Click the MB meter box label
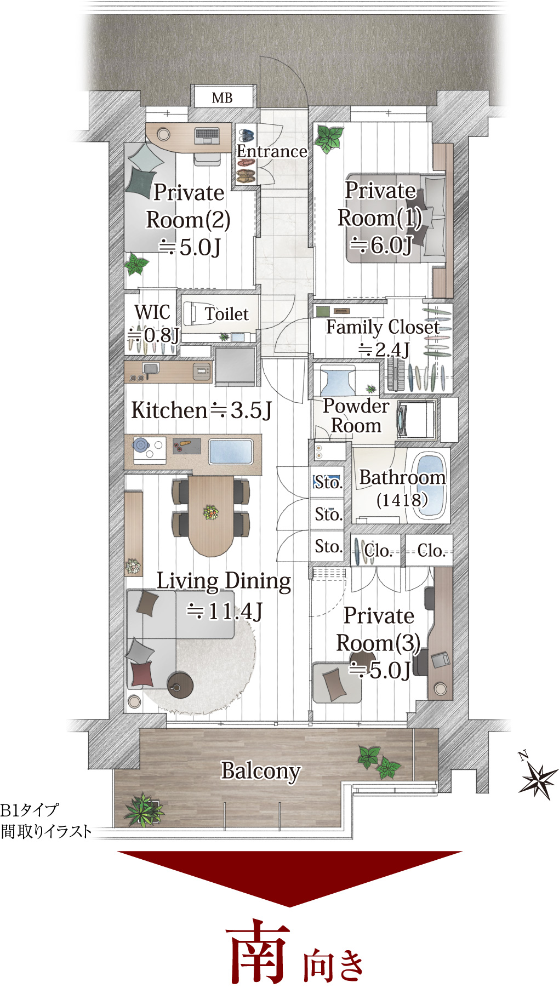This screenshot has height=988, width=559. [222, 98]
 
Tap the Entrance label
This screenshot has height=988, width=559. [272, 151]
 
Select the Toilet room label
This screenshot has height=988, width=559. [226, 314]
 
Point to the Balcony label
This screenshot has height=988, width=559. [261, 772]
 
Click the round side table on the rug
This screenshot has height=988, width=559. [180, 684]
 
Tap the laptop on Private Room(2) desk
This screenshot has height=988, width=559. [207, 135]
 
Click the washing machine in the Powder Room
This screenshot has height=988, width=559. [416, 420]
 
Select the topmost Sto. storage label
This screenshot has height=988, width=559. [328, 483]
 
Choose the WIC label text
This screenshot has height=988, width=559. [152, 312]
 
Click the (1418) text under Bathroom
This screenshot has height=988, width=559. [402, 500]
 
